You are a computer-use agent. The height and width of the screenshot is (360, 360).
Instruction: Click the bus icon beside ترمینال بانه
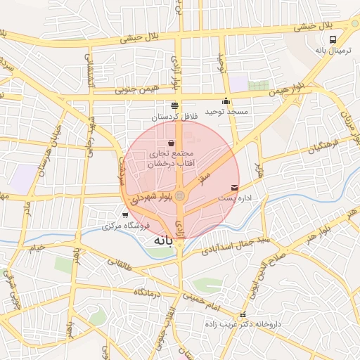333,40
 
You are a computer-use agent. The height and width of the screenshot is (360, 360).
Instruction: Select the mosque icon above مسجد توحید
225,101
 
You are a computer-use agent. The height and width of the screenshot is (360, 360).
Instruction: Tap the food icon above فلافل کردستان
174,105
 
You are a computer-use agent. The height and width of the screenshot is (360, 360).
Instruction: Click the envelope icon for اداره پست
234,188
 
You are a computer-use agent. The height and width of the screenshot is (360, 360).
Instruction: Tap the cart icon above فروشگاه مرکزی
125,214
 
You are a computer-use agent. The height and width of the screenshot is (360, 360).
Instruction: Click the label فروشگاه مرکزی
122,226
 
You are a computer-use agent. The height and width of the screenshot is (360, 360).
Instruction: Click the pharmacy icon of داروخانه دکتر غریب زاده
243,315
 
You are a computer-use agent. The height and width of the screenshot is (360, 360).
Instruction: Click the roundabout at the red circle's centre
180,195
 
